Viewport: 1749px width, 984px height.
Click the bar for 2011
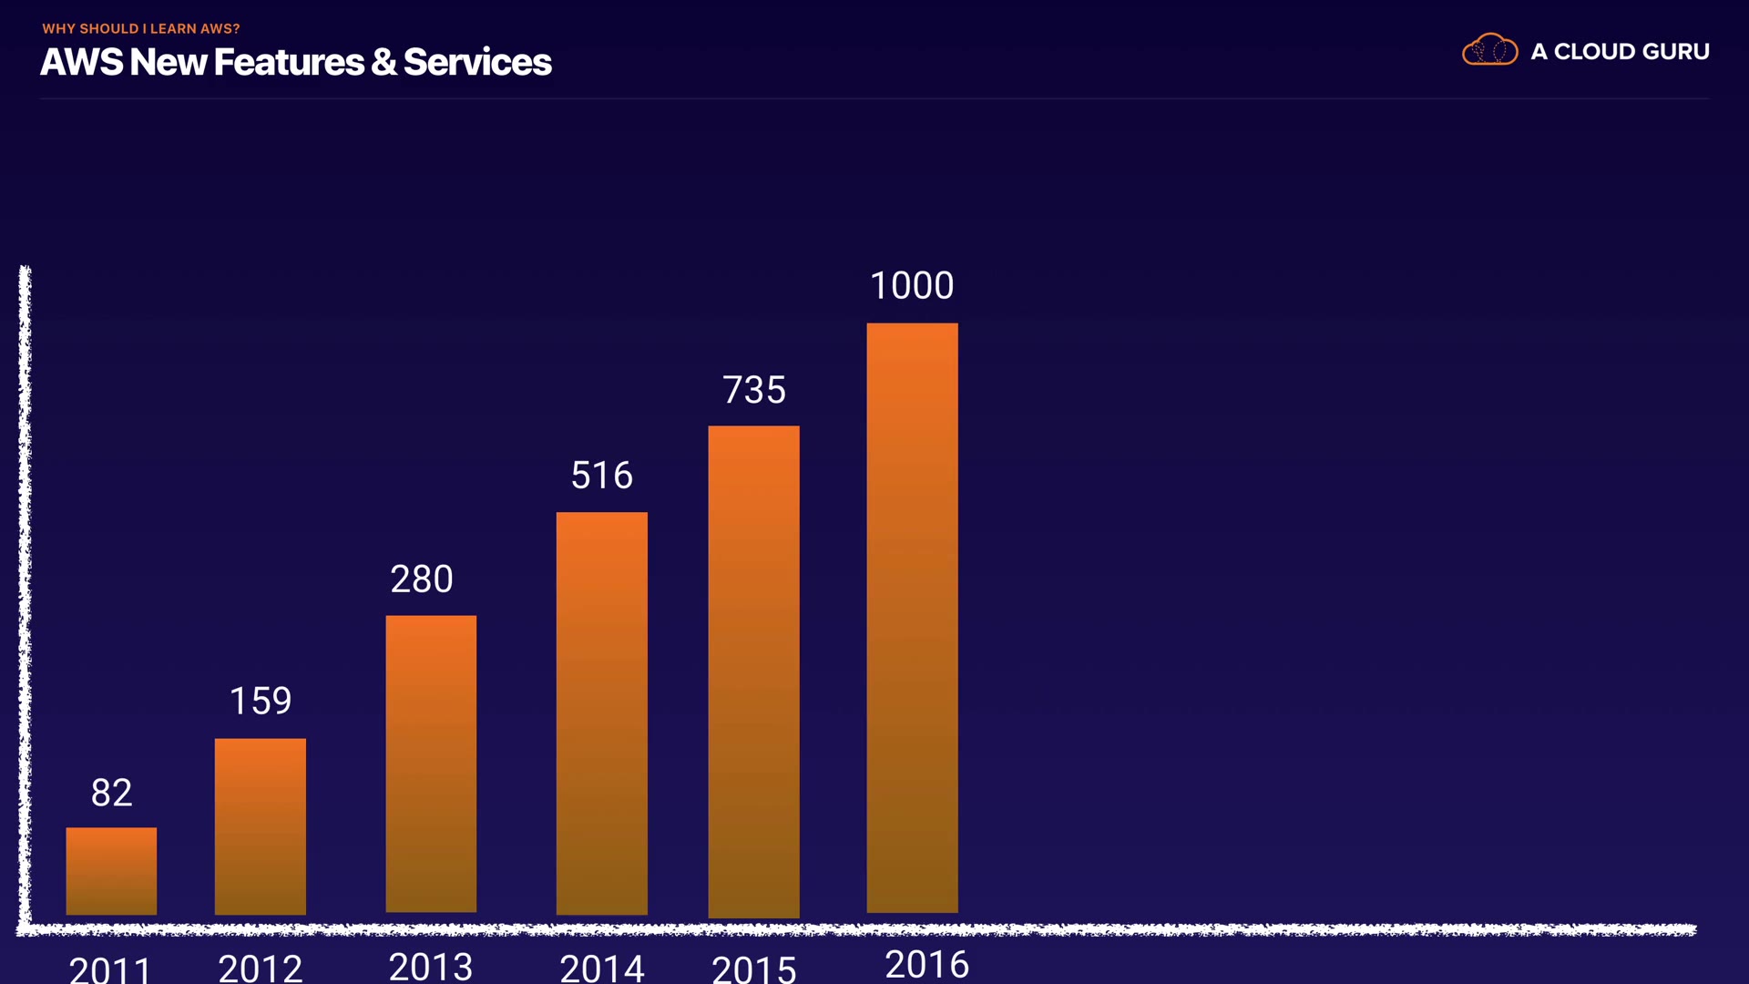[x=111, y=870]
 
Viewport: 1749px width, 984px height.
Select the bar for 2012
[x=261, y=825]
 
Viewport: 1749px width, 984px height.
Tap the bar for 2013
[x=431, y=764]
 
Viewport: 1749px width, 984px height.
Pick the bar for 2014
[x=602, y=712]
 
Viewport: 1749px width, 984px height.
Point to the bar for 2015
[x=754, y=671]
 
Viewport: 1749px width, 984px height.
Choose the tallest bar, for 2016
[x=912, y=618]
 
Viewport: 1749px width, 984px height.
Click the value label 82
[x=111, y=793]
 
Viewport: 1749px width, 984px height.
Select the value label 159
[x=261, y=701]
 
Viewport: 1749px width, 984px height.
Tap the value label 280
[x=422, y=579]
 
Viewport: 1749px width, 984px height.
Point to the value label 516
[x=602, y=475]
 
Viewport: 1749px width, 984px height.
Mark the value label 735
[x=754, y=390]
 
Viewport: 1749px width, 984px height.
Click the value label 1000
[x=912, y=285]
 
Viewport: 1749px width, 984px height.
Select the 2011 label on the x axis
[x=110, y=969]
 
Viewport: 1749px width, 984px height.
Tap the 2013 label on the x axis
[x=431, y=966]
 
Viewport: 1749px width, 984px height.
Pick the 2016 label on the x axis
[x=926, y=964]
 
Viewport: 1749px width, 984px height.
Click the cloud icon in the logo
[x=1489, y=50]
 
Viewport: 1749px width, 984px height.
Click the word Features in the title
[x=289, y=62]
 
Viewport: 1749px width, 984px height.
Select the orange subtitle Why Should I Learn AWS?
[x=141, y=28]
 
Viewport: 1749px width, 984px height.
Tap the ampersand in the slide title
[x=384, y=62]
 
